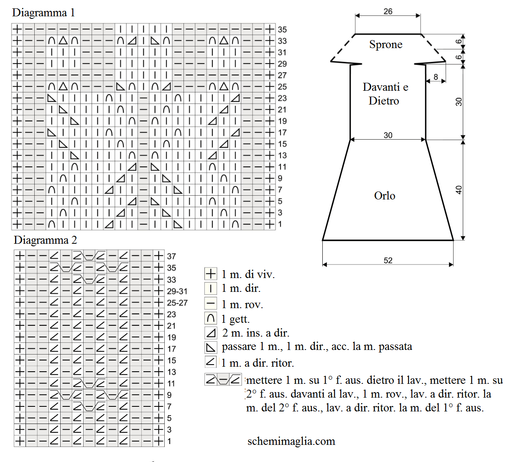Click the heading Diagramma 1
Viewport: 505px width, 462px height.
click(x=43, y=13)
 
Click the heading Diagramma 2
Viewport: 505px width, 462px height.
click(x=45, y=240)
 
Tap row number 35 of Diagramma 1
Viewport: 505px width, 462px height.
click(x=282, y=29)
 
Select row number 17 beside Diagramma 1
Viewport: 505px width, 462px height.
click(x=282, y=133)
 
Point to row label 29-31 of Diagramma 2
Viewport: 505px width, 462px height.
click(x=177, y=291)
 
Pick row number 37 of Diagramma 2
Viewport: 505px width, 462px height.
click(x=171, y=256)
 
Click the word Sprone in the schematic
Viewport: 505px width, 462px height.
click(x=386, y=45)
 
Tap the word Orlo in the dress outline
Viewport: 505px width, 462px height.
click(x=385, y=196)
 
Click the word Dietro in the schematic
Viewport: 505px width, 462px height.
click(x=384, y=101)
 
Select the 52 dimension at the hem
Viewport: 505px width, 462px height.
click(x=388, y=260)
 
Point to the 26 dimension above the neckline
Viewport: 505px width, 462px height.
click(x=388, y=11)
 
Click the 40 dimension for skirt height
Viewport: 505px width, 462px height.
click(x=459, y=190)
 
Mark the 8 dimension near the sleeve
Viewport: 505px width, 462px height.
click(x=436, y=77)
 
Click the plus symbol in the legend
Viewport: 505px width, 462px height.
click(x=211, y=274)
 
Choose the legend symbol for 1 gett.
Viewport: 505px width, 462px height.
click(x=211, y=319)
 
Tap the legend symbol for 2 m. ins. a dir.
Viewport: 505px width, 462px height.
click(x=211, y=333)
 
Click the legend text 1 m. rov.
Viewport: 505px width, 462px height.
click(x=242, y=304)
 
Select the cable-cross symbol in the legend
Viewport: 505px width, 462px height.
click(x=223, y=379)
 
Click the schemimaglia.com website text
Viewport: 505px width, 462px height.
click(x=291, y=442)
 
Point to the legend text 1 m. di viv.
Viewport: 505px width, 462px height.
click(x=248, y=274)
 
